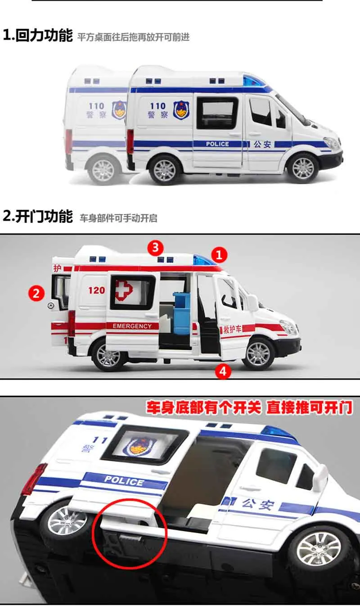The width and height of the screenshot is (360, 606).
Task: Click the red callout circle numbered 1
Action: (219, 255)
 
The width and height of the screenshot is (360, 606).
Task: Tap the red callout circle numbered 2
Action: (36, 293)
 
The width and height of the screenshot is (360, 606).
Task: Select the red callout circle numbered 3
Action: (155, 247)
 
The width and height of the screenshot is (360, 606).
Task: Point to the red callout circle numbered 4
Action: (223, 371)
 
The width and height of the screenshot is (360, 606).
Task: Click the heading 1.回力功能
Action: (38, 36)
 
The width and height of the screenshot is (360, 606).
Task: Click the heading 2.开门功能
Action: (38, 216)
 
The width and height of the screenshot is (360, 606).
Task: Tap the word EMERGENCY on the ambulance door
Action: (132, 326)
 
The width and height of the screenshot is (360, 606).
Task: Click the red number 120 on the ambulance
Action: (97, 290)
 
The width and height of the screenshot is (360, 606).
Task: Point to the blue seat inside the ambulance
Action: (181, 313)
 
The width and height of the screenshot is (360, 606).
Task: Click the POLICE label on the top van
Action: (217, 144)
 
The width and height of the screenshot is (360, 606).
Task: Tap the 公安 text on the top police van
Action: (262, 144)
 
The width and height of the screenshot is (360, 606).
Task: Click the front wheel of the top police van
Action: (303, 167)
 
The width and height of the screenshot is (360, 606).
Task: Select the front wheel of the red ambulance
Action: (258, 353)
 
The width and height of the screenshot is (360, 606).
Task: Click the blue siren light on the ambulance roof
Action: (203, 260)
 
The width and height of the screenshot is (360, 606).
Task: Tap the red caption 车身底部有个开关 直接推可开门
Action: (249, 407)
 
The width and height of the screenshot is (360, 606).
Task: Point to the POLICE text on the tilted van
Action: (124, 481)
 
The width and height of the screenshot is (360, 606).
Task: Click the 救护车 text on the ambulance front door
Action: (232, 329)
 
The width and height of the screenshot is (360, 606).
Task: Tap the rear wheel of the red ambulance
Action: (108, 356)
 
